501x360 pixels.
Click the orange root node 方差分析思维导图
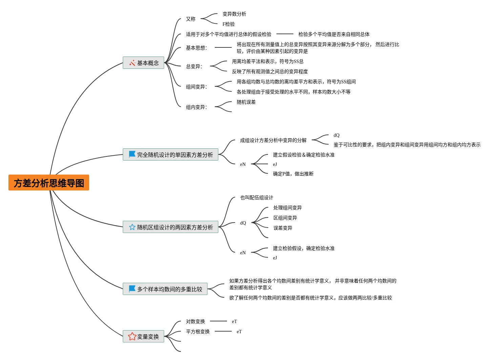point(49,183)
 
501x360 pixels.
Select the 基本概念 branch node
point(144,63)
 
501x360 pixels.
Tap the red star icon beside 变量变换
point(132,336)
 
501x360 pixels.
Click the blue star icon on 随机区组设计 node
point(132,227)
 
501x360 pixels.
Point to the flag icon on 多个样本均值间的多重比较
point(132,289)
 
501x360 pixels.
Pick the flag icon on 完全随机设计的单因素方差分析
point(132,154)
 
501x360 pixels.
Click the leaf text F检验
point(228,24)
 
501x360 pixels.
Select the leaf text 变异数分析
point(234,14)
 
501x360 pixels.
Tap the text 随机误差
point(246,102)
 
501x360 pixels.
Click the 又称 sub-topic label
point(190,19)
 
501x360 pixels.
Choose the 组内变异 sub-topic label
point(196,107)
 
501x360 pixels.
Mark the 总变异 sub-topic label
point(194,66)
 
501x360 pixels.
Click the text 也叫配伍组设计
point(256,197)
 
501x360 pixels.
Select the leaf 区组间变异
point(285,218)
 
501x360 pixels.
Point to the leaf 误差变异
point(283,228)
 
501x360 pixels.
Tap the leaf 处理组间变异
point(287,208)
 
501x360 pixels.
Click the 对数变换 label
point(195,321)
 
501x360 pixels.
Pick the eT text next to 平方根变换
point(239,332)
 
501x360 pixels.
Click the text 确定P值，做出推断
point(293,174)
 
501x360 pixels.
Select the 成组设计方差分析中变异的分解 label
point(273,140)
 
